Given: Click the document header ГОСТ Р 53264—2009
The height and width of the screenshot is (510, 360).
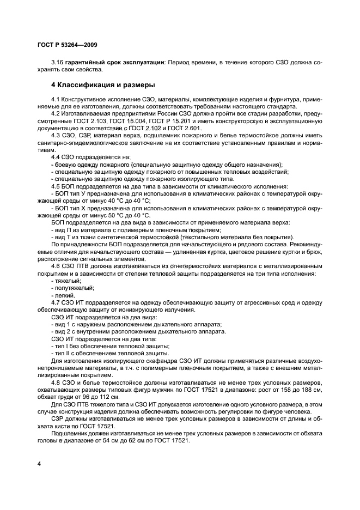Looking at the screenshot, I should coord(68,44).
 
